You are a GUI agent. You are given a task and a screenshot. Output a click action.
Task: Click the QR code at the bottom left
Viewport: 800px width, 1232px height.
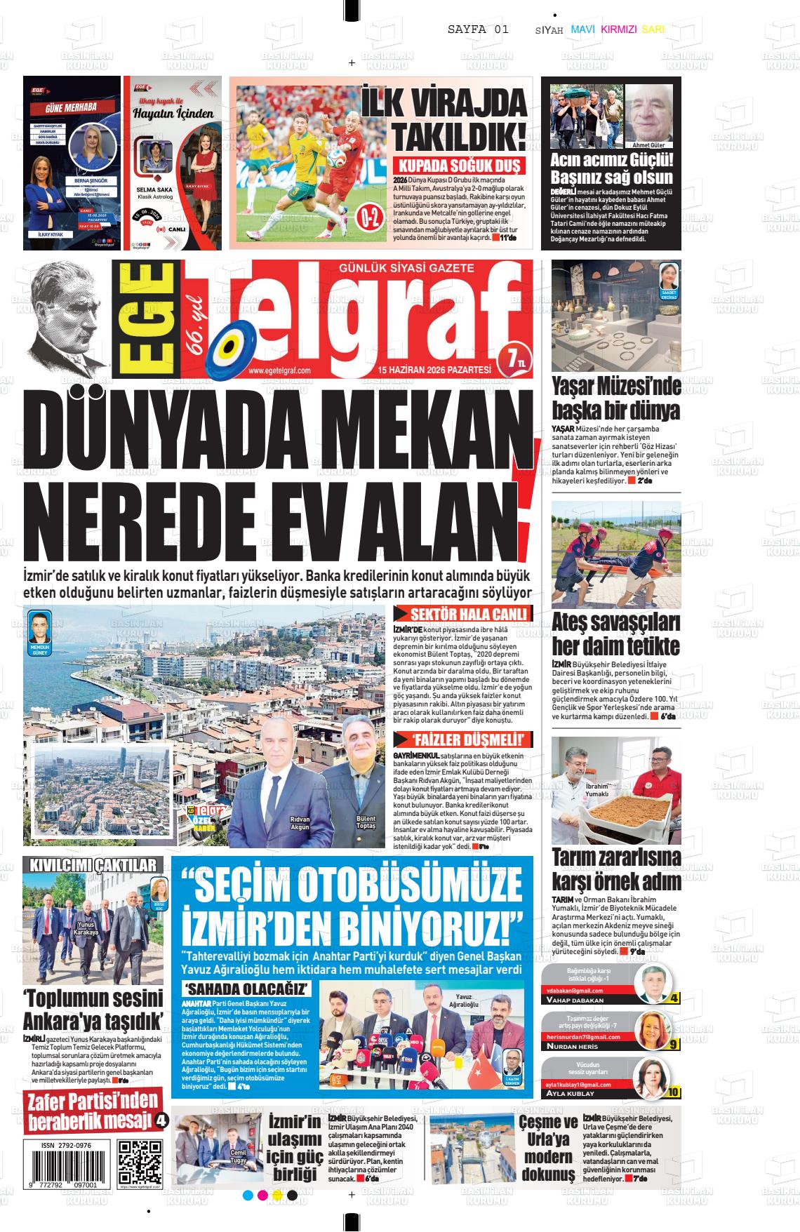point(140,1162)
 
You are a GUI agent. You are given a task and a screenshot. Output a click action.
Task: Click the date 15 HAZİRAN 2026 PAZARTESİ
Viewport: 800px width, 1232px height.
point(434,370)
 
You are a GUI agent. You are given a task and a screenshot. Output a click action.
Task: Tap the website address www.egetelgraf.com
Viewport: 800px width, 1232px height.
point(279,370)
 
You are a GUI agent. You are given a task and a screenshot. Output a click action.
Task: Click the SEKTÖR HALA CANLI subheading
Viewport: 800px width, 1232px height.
point(462,615)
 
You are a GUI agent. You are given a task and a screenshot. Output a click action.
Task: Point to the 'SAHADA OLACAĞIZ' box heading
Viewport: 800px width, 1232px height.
point(246,989)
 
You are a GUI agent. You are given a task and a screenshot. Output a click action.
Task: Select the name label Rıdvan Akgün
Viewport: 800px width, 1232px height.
point(300,824)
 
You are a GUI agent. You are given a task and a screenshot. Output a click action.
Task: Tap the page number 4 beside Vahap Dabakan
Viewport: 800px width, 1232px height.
point(674,998)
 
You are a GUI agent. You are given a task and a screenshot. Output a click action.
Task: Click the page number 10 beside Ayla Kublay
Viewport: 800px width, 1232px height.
point(674,1092)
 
